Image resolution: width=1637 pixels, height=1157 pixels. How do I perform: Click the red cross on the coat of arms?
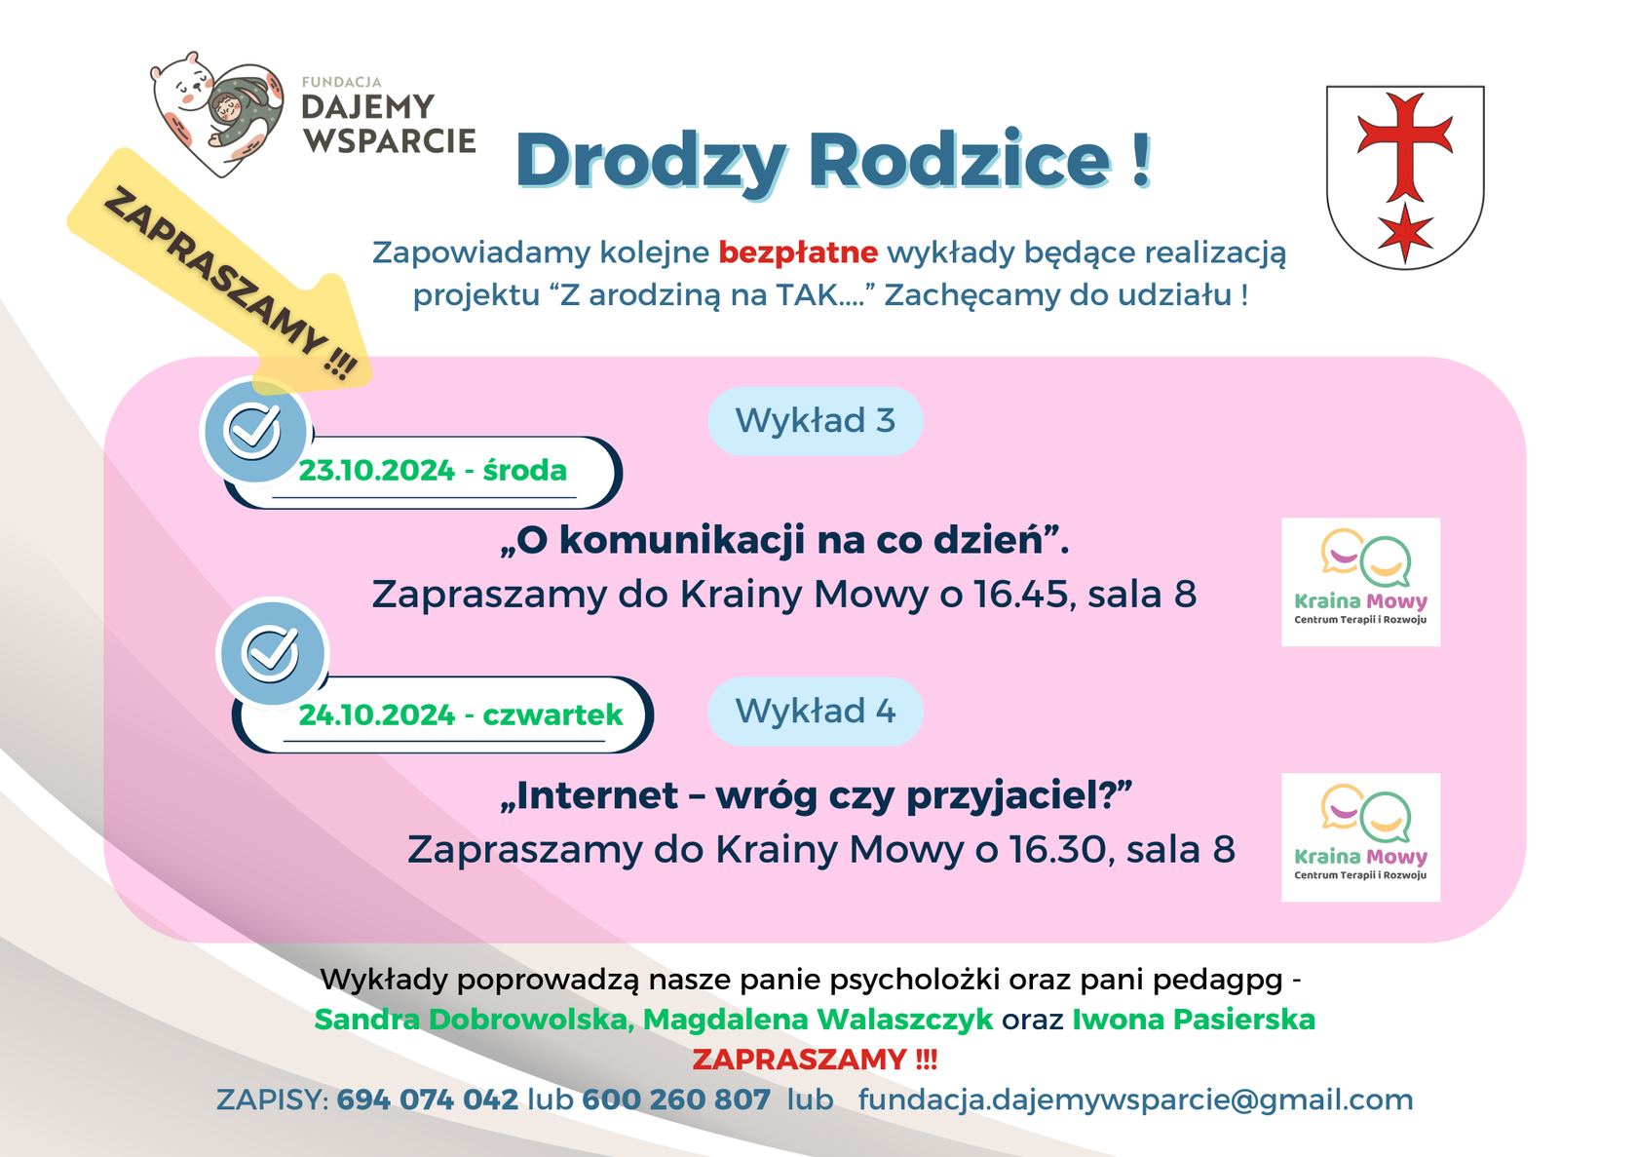(x=1404, y=147)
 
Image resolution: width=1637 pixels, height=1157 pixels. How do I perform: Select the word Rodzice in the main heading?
(x=960, y=160)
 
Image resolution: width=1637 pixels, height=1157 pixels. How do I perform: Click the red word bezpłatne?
(x=798, y=252)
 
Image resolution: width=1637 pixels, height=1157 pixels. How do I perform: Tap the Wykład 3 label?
(x=815, y=421)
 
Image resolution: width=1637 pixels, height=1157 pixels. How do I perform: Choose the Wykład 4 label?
(x=815, y=712)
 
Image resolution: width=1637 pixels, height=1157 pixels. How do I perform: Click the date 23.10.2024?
(x=376, y=470)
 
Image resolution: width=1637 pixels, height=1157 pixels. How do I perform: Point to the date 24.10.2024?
(x=376, y=714)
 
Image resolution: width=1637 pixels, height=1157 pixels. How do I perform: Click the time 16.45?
(x=1021, y=595)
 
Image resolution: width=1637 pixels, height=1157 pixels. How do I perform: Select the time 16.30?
(x=1059, y=849)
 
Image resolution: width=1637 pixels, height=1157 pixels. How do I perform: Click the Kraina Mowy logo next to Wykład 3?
(x=1360, y=582)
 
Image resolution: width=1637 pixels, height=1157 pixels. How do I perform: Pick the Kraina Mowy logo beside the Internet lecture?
(x=1360, y=837)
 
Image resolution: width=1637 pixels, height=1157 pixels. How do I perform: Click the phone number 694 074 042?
(x=428, y=1099)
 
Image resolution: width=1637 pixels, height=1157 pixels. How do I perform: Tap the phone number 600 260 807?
(x=676, y=1099)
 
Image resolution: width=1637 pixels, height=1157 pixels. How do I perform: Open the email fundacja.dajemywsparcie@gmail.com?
(x=1136, y=1100)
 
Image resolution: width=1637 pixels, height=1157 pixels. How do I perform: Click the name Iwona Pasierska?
(x=1194, y=1020)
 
